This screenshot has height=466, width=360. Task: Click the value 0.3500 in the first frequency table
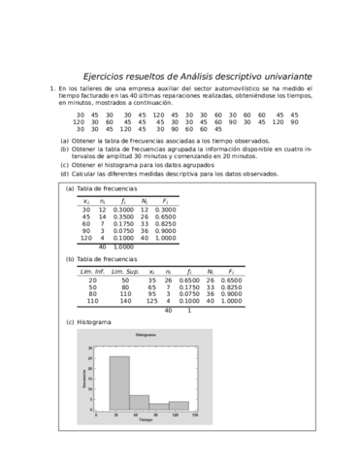(123, 216)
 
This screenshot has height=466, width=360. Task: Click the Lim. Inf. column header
(92, 272)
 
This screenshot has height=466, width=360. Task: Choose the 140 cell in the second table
(125, 302)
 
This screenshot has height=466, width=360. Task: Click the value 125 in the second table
(152, 302)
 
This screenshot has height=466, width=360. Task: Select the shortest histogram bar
(159, 405)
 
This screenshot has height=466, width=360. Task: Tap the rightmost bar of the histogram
(179, 404)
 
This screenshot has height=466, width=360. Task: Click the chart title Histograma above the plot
(146, 335)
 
